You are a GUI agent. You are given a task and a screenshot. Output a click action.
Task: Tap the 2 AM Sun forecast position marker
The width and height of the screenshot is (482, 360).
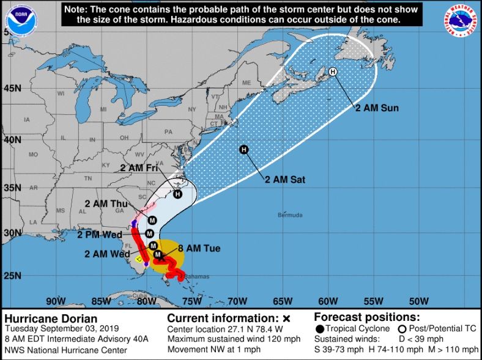click(333, 72)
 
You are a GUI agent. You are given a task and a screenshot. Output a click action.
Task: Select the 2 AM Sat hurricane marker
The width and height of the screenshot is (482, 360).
click(243, 150)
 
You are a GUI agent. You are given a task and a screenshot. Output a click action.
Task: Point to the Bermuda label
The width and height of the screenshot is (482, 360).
click(289, 215)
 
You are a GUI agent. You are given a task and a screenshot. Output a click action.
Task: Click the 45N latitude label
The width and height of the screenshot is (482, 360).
click(12, 89)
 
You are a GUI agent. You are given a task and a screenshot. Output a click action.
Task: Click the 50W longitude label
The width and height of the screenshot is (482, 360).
click(418, 301)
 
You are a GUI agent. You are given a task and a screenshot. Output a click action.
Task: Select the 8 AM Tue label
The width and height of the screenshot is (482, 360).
click(199, 248)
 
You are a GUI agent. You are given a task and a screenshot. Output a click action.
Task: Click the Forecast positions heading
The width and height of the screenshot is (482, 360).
click(366, 318)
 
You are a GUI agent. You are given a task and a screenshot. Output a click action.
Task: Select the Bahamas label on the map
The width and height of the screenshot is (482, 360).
click(195, 277)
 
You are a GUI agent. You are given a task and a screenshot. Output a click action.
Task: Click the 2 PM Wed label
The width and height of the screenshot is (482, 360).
click(100, 234)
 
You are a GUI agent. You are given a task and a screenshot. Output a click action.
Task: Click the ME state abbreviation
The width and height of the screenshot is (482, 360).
click(247, 83)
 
